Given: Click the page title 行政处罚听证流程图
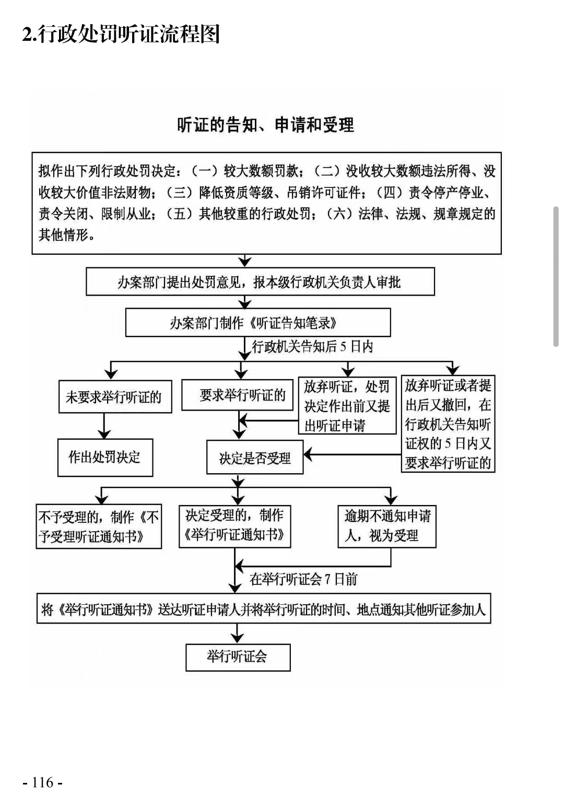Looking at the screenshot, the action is pyautogui.click(x=129, y=34).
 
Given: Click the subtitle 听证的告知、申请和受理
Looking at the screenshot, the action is pyautogui.click(x=265, y=125).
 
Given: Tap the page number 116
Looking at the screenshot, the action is pyautogui.click(x=43, y=782).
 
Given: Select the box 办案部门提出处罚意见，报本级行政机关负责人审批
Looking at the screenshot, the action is pyautogui.click(x=260, y=282).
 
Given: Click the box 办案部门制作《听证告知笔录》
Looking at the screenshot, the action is pyautogui.click(x=258, y=322).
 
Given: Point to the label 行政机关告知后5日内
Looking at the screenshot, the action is pyautogui.click(x=312, y=346).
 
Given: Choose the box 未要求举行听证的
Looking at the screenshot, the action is pyautogui.click(x=115, y=396).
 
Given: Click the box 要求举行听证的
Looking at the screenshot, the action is pyautogui.click(x=237, y=395).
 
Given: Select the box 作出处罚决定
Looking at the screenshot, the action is pyautogui.click(x=105, y=457).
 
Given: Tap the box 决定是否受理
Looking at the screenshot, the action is pyautogui.click(x=255, y=457).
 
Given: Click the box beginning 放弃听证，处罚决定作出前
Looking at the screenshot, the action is pyautogui.click(x=347, y=405).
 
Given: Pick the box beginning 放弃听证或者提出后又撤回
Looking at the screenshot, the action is pyautogui.click(x=448, y=424).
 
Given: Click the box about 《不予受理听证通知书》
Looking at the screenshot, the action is pyautogui.click(x=99, y=526).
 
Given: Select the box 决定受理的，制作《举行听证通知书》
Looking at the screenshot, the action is pyautogui.click(x=235, y=526).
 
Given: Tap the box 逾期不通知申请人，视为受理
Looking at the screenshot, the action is pyautogui.click(x=387, y=526).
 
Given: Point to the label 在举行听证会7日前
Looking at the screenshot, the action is pyautogui.click(x=303, y=579).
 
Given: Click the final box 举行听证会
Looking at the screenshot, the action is pyautogui.click(x=238, y=658).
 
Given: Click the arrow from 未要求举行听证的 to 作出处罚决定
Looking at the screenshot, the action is pyautogui.click(x=104, y=426).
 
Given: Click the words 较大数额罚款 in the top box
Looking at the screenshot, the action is pyautogui.click(x=261, y=171).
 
